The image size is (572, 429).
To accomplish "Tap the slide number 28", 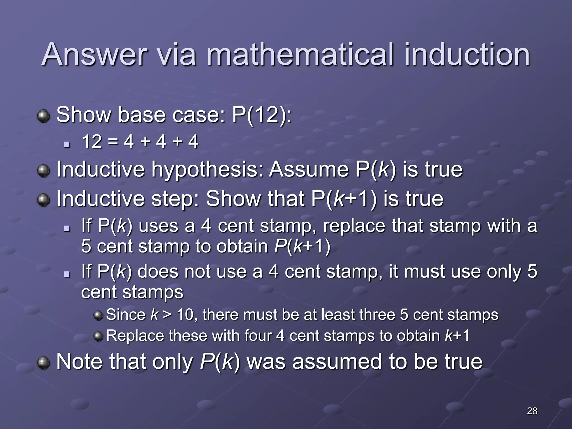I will [x=532, y=411].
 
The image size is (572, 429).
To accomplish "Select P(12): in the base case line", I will [x=262, y=115].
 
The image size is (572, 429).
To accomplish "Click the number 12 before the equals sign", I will [x=92, y=142].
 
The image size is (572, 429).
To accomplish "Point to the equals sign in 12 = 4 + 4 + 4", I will [x=113, y=142].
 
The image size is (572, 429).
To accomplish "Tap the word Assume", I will [x=309, y=169].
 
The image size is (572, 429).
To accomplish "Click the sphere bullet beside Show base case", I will [x=43, y=116].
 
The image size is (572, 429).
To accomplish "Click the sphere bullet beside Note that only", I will [x=43, y=363].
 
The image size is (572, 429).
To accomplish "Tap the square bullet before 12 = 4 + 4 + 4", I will [x=67, y=144].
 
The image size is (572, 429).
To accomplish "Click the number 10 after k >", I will [x=185, y=315].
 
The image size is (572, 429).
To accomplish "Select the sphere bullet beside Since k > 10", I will [x=98, y=316].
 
